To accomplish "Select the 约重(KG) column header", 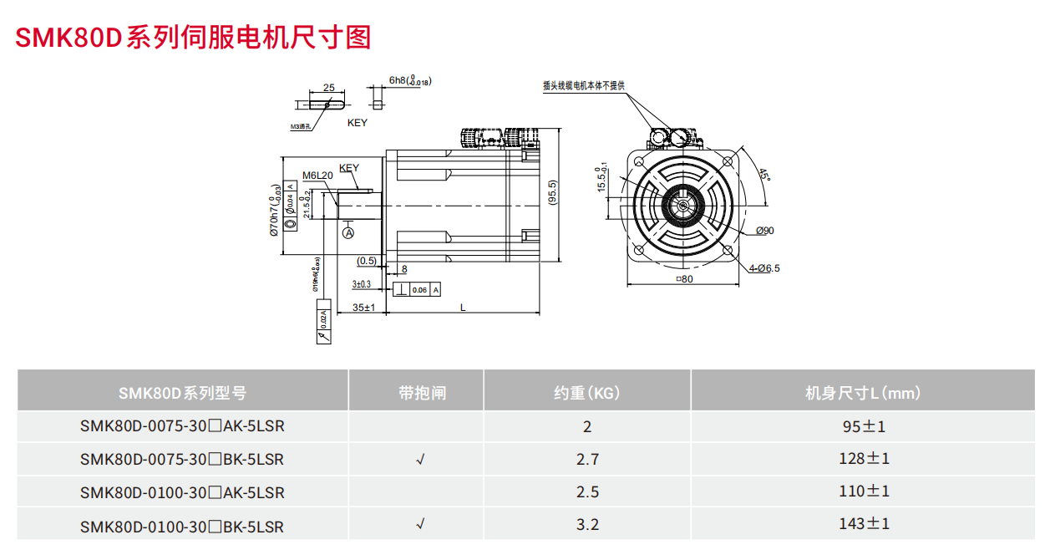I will (x=586, y=392).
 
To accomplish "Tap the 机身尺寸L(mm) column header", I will (x=862, y=392).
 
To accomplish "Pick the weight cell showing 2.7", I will (x=587, y=459).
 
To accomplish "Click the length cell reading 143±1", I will (x=864, y=524).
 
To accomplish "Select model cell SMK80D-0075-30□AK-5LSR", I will (x=182, y=426).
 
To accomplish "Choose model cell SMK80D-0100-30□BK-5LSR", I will (x=182, y=527).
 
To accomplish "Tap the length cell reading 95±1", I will (x=864, y=426).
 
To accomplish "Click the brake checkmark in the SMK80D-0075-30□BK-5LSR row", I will (x=420, y=459).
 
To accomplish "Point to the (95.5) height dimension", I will (x=552, y=196).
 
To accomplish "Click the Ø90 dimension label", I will (x=764, y=231).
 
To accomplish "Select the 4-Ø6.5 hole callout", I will (x=764, y=268).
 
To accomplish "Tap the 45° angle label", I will (x=763, y=176).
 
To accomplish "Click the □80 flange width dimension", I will (x=683, y=279).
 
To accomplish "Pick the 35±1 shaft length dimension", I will (x=363, y=308).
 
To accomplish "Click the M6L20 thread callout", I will (x=317, y=176).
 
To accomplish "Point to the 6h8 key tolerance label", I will (x=408, y=81).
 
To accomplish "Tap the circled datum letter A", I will (x=349, y=232).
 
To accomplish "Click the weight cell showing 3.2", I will (x=587, y=525).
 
